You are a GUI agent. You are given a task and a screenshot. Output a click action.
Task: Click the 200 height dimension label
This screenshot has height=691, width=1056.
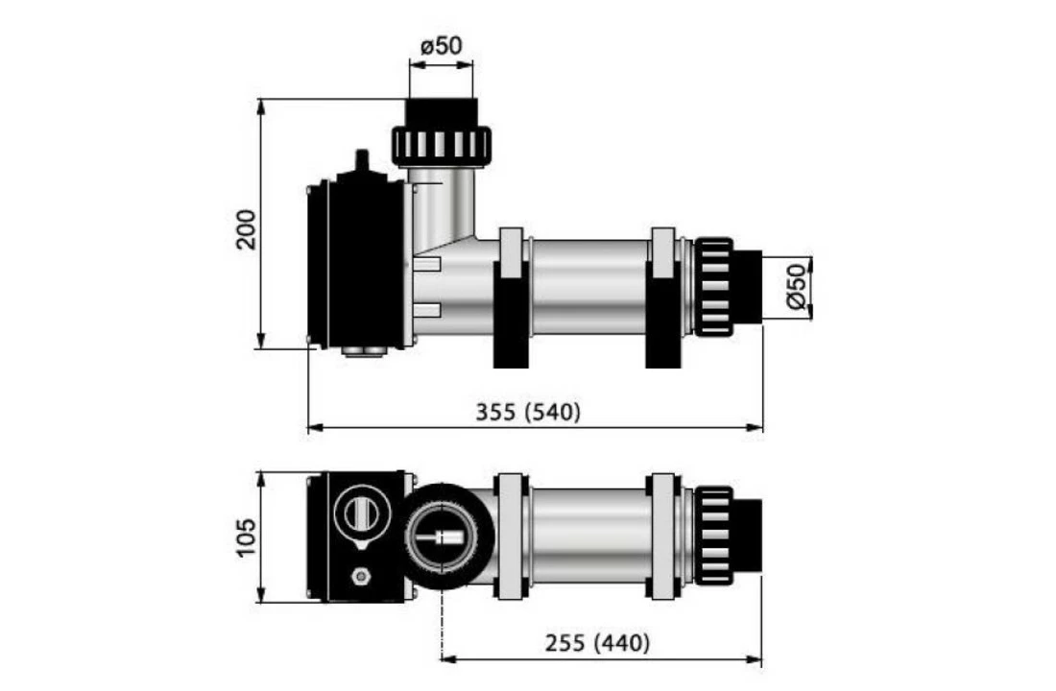247,228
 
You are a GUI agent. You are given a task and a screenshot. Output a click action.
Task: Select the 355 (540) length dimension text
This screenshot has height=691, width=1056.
529,412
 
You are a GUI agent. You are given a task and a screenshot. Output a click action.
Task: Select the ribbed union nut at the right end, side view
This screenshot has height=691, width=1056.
713,287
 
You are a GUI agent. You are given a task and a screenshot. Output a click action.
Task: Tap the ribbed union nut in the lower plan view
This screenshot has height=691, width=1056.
713,536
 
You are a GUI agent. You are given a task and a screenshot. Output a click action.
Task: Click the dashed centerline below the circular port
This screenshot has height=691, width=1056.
442,624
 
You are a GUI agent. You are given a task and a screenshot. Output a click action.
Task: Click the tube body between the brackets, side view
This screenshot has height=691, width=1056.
588,287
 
